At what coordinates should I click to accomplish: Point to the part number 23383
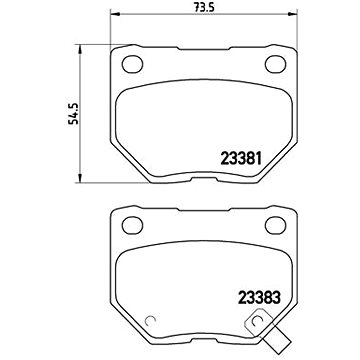pyautogui.click(x=256, y=297)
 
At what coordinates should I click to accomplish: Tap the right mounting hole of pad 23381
pyautogui.click(x=274, y=66)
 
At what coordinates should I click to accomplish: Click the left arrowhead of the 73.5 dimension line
pyautogui.click(x=113, y=19)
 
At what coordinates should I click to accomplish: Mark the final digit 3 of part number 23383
pyautogui.click(x=276, y=297)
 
